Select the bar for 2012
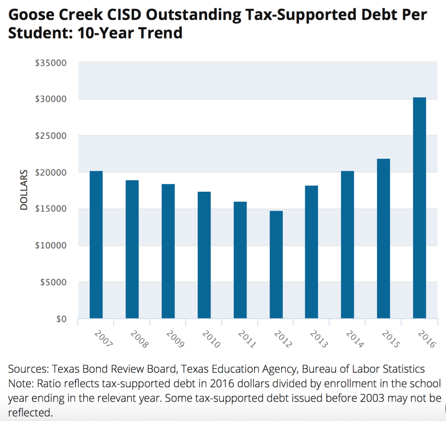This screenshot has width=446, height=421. click(276, 265)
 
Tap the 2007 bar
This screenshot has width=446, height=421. click(96, 245)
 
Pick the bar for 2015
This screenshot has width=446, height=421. click(383, 238)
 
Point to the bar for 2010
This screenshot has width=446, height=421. click(204, 255)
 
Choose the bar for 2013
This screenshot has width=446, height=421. click(311, 252)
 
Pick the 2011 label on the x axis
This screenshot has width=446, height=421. click(247, 338)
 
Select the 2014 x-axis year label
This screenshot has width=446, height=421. click(354, 338)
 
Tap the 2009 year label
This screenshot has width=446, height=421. click(175, 338)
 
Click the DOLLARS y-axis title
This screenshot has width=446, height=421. click(24, 190)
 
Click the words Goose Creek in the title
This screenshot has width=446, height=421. click(49, 15)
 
